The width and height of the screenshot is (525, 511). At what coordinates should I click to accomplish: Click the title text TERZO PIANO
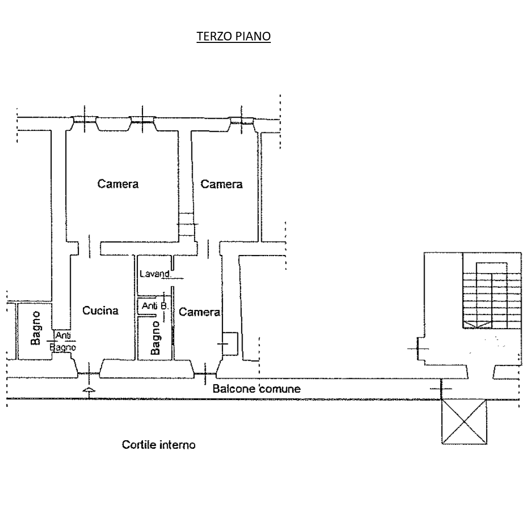tap(233, 36)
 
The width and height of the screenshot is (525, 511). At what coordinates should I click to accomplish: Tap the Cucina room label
tap(102, 311)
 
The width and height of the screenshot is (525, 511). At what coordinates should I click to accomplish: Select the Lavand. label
tap(154, 274)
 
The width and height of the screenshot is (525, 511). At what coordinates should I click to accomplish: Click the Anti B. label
tap(154, 306)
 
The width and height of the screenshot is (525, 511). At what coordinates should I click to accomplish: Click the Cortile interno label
tap(159, 445)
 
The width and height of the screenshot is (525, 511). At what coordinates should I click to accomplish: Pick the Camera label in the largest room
tap(118, 184)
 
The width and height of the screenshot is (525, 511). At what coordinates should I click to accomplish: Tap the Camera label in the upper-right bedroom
tap(221, 184)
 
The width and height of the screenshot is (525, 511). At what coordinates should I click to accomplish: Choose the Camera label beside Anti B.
tap(200, 313)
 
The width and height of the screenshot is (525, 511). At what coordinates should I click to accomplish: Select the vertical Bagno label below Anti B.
tap(156, 337)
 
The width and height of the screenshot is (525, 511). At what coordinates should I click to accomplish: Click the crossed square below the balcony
tap(465, 422)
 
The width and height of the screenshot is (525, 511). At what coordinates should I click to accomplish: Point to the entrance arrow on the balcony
tap(89, 391)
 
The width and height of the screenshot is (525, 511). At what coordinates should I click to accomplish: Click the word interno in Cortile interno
tap(177, 445)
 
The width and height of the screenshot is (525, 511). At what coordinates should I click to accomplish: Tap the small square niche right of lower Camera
tap(231, 343)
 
